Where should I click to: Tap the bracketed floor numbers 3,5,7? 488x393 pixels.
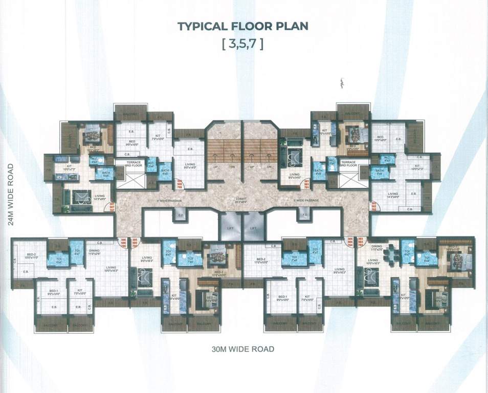point(243,44)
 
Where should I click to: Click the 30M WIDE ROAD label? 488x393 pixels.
point(243,350)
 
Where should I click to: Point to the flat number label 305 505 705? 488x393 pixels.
point(135,243)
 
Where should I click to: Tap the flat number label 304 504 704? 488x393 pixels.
point(350,242)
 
